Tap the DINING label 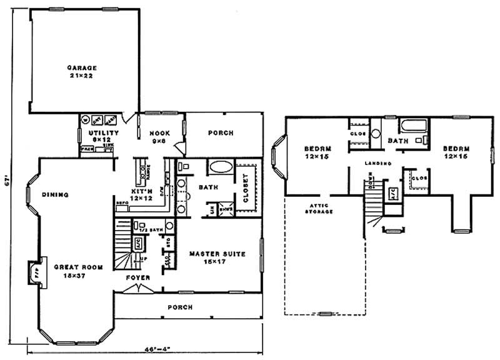(56, 194)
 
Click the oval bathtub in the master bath (219, 167)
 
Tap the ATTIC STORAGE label (318, 209)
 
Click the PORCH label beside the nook (221, 133)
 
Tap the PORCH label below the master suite (179, 307)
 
